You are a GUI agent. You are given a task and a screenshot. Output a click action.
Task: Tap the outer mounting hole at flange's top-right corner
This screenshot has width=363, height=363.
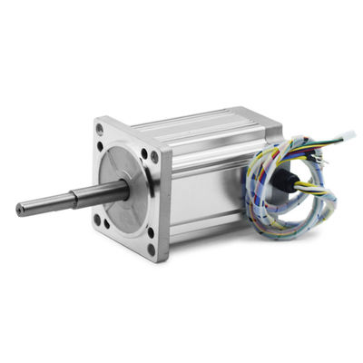(154, 156)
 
